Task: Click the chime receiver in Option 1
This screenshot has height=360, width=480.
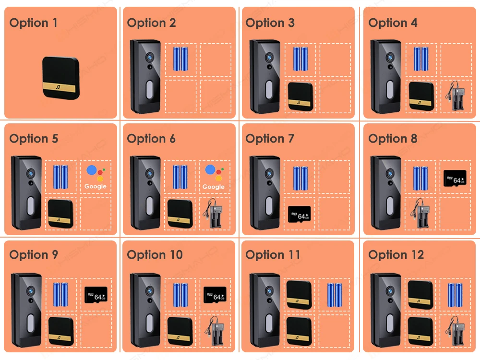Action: point(60,78)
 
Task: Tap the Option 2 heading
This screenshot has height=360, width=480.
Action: point(151,23)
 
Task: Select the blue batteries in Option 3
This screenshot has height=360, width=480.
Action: point(300,59)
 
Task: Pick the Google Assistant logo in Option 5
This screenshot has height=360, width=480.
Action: point(95,176)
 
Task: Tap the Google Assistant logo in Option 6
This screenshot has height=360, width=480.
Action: point(214,176)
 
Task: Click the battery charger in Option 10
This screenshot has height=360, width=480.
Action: point(214,331)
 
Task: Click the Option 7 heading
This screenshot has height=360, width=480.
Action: point(270,139)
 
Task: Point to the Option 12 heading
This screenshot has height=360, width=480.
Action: point(396,255)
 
